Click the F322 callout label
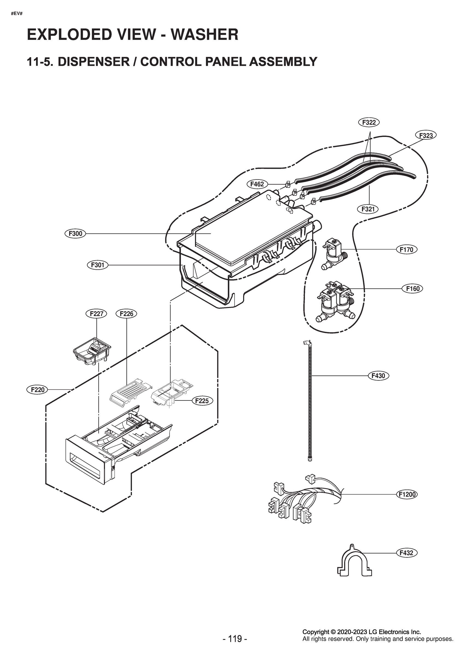coord(369,122)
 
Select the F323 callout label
coord(426,135)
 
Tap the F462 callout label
coord(257,184)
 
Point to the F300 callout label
coord(75,234)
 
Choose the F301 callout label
coord(98,265)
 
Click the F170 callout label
coord(406,250)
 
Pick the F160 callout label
coord(413,289)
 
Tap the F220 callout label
coord(37,390)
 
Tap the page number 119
coord(235,647)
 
